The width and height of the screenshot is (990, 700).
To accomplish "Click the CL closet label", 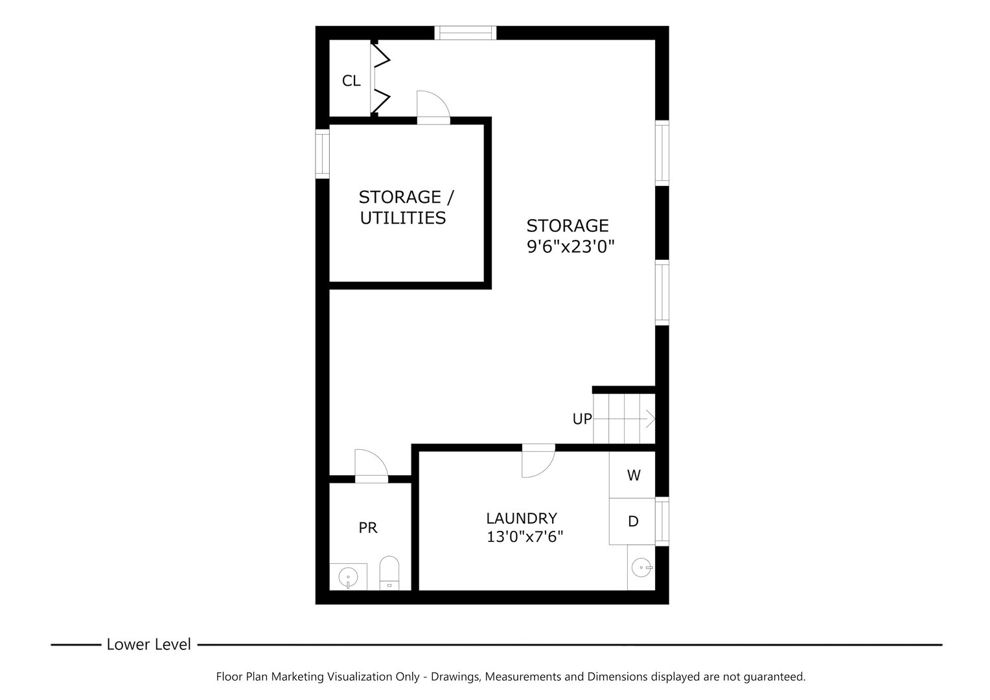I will point(351,81).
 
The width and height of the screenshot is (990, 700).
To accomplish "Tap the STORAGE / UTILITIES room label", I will point(402,207).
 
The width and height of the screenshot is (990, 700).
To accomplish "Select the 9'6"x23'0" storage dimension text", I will point(570,246).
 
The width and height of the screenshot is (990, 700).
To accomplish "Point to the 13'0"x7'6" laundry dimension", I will point(525,537).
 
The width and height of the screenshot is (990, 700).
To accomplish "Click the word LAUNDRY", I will point(522,519).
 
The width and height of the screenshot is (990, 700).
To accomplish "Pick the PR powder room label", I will point(368,528).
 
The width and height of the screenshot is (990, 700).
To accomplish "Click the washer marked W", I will point(633,475).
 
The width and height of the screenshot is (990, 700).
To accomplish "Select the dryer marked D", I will point(633,521).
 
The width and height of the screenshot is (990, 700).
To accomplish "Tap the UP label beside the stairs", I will point(582,419).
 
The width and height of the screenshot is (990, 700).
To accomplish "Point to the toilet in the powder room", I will point(389,573).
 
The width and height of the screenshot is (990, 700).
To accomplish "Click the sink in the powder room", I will point(349,576).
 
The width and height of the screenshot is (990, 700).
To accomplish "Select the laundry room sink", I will point(641,568).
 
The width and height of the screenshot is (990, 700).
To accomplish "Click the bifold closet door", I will point(381,79).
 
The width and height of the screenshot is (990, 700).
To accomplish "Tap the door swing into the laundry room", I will point(538,461).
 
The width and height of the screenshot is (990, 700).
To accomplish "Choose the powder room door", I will point(371,465).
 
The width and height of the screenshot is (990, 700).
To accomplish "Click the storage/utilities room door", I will point(432,106).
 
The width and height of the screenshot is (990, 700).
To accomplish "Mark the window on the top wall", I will point(465,33).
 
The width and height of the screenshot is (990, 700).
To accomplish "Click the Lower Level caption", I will point(148,644).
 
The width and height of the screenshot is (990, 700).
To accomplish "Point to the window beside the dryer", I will point(662,520).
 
